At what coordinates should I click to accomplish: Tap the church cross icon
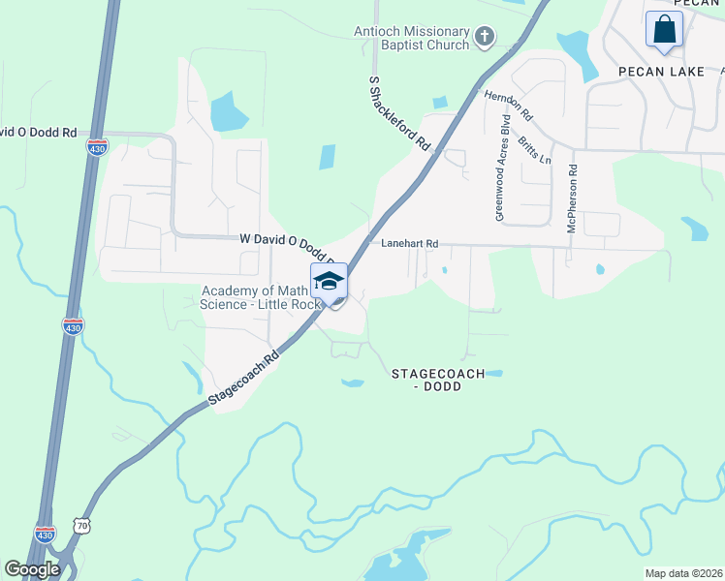click(x=485, y=39)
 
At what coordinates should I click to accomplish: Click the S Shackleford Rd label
click(x=399, y=111)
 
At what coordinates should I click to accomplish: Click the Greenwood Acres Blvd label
click(x=502, y=170)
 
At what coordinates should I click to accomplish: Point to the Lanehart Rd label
click(x=410, y=244)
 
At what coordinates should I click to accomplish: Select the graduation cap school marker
click(x=329, y=281)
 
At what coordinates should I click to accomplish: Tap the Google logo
click(x=32, y=569)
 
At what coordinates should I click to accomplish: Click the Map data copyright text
click(x=683, y=573)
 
